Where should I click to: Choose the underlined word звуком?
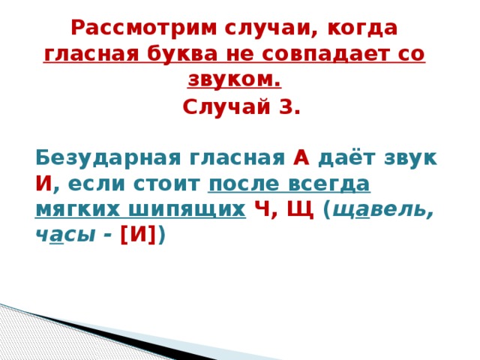click(235, 79)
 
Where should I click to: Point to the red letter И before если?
click(43, 184)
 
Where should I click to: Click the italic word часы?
click(65, 234)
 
